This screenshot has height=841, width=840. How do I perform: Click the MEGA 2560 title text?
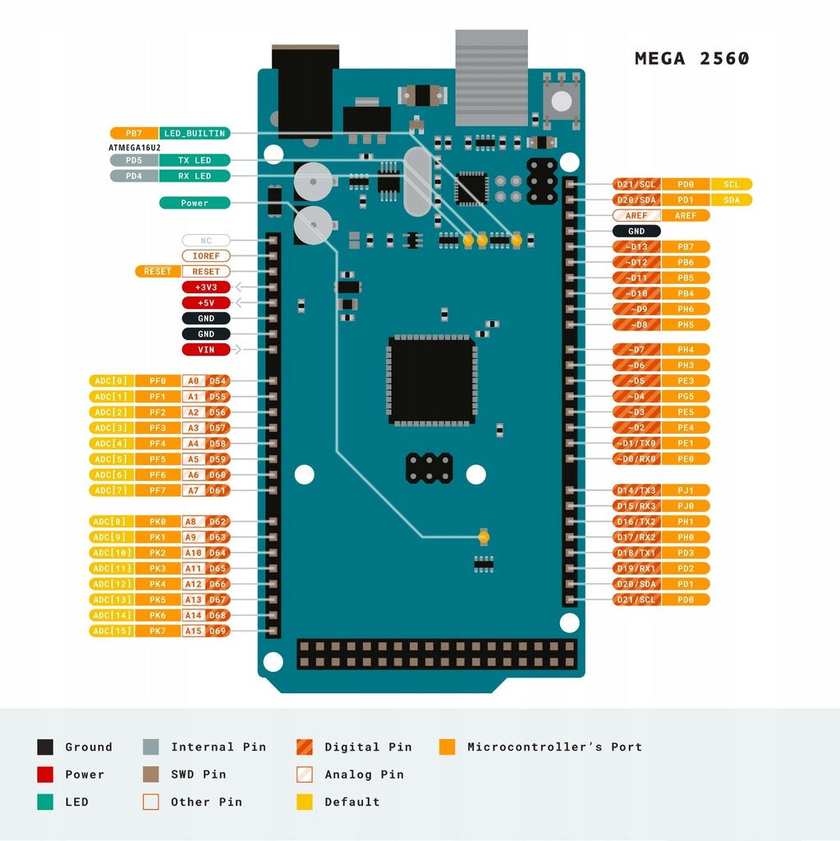pos(691,59)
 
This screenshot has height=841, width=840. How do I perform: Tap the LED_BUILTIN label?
pos(194,133)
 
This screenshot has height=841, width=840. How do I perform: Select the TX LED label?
pos(194,160)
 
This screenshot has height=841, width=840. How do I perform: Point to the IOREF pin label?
pos(206,256)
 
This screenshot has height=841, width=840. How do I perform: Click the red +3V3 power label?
pos(206,287)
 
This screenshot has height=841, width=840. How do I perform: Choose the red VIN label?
pos(206,350)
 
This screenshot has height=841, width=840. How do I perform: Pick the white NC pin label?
pos(206,241)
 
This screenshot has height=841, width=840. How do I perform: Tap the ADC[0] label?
pos(111,381)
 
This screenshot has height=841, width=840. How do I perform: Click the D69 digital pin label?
pos(218,631)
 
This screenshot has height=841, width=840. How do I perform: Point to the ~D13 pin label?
pos(636,247)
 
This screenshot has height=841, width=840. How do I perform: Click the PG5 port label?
pos(686,397)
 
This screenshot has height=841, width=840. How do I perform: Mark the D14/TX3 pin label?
pos(636,490)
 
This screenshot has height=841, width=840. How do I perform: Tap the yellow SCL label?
pos(731,185)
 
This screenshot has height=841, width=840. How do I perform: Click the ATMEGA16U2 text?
pos(135,147)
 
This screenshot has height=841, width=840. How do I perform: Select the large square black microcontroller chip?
pos(432,381)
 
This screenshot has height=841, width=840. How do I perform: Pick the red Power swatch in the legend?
pos(45,774)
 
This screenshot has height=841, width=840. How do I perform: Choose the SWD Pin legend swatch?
pos(150,774)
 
